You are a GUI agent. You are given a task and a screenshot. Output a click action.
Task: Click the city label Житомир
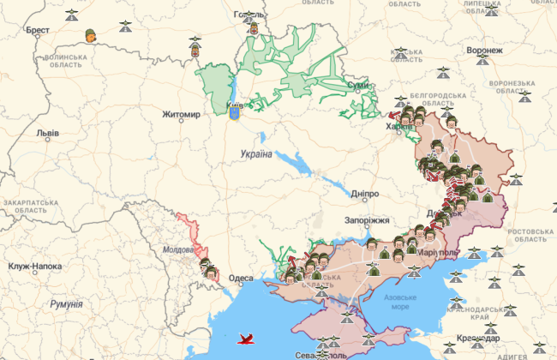tap(182, 114)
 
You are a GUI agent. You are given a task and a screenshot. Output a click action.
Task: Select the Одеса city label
tap(241, 279)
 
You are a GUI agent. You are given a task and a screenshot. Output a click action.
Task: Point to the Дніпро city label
tap(364, 194)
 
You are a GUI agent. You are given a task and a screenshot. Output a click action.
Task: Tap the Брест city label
tap(38, 30)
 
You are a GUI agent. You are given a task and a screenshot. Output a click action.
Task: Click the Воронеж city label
tap(484, 51)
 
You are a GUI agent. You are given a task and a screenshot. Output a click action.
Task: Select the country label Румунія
tap(66, 304)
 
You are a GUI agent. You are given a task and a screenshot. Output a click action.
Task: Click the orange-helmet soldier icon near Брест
tap(90, 35)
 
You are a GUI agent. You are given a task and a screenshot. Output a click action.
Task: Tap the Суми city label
tap(357, 86)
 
